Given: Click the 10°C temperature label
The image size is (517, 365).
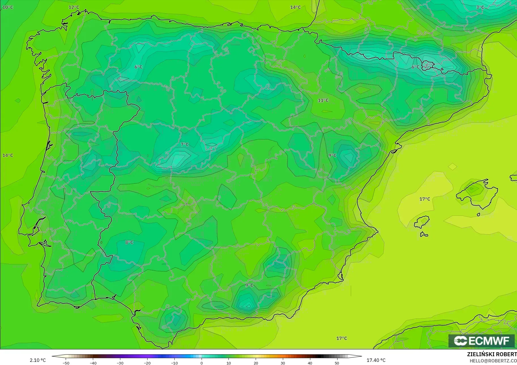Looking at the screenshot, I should pos(8,7).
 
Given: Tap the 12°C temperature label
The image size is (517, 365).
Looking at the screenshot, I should pos(74,7).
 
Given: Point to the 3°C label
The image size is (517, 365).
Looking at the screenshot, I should pos(480,7).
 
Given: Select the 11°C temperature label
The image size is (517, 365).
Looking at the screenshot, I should pos(323,100).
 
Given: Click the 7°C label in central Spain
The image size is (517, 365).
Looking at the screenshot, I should pos(185,144).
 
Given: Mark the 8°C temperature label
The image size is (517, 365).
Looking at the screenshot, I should pos(129,242).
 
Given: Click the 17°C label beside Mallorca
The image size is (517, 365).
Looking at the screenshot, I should pos(425,199).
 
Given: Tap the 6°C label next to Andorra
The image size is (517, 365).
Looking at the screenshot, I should pos(415,67).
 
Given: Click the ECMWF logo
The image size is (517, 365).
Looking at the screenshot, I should pos(481,341).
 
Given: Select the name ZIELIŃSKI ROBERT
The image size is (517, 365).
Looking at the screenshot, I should pos(492,355).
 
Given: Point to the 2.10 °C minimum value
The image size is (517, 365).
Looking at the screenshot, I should pos(38,360).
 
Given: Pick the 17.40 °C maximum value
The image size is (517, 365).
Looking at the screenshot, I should pos(376,360).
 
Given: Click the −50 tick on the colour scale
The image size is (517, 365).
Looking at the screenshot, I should pos(66,363).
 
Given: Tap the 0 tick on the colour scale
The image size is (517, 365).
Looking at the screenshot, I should pos(202,363).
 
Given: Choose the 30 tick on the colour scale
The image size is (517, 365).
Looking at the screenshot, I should pos(283,363).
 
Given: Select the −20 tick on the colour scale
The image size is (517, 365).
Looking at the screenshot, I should pos(147,363).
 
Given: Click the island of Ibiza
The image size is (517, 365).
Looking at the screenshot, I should pos(422,222).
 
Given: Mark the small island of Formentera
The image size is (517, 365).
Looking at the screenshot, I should pos(424,235).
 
